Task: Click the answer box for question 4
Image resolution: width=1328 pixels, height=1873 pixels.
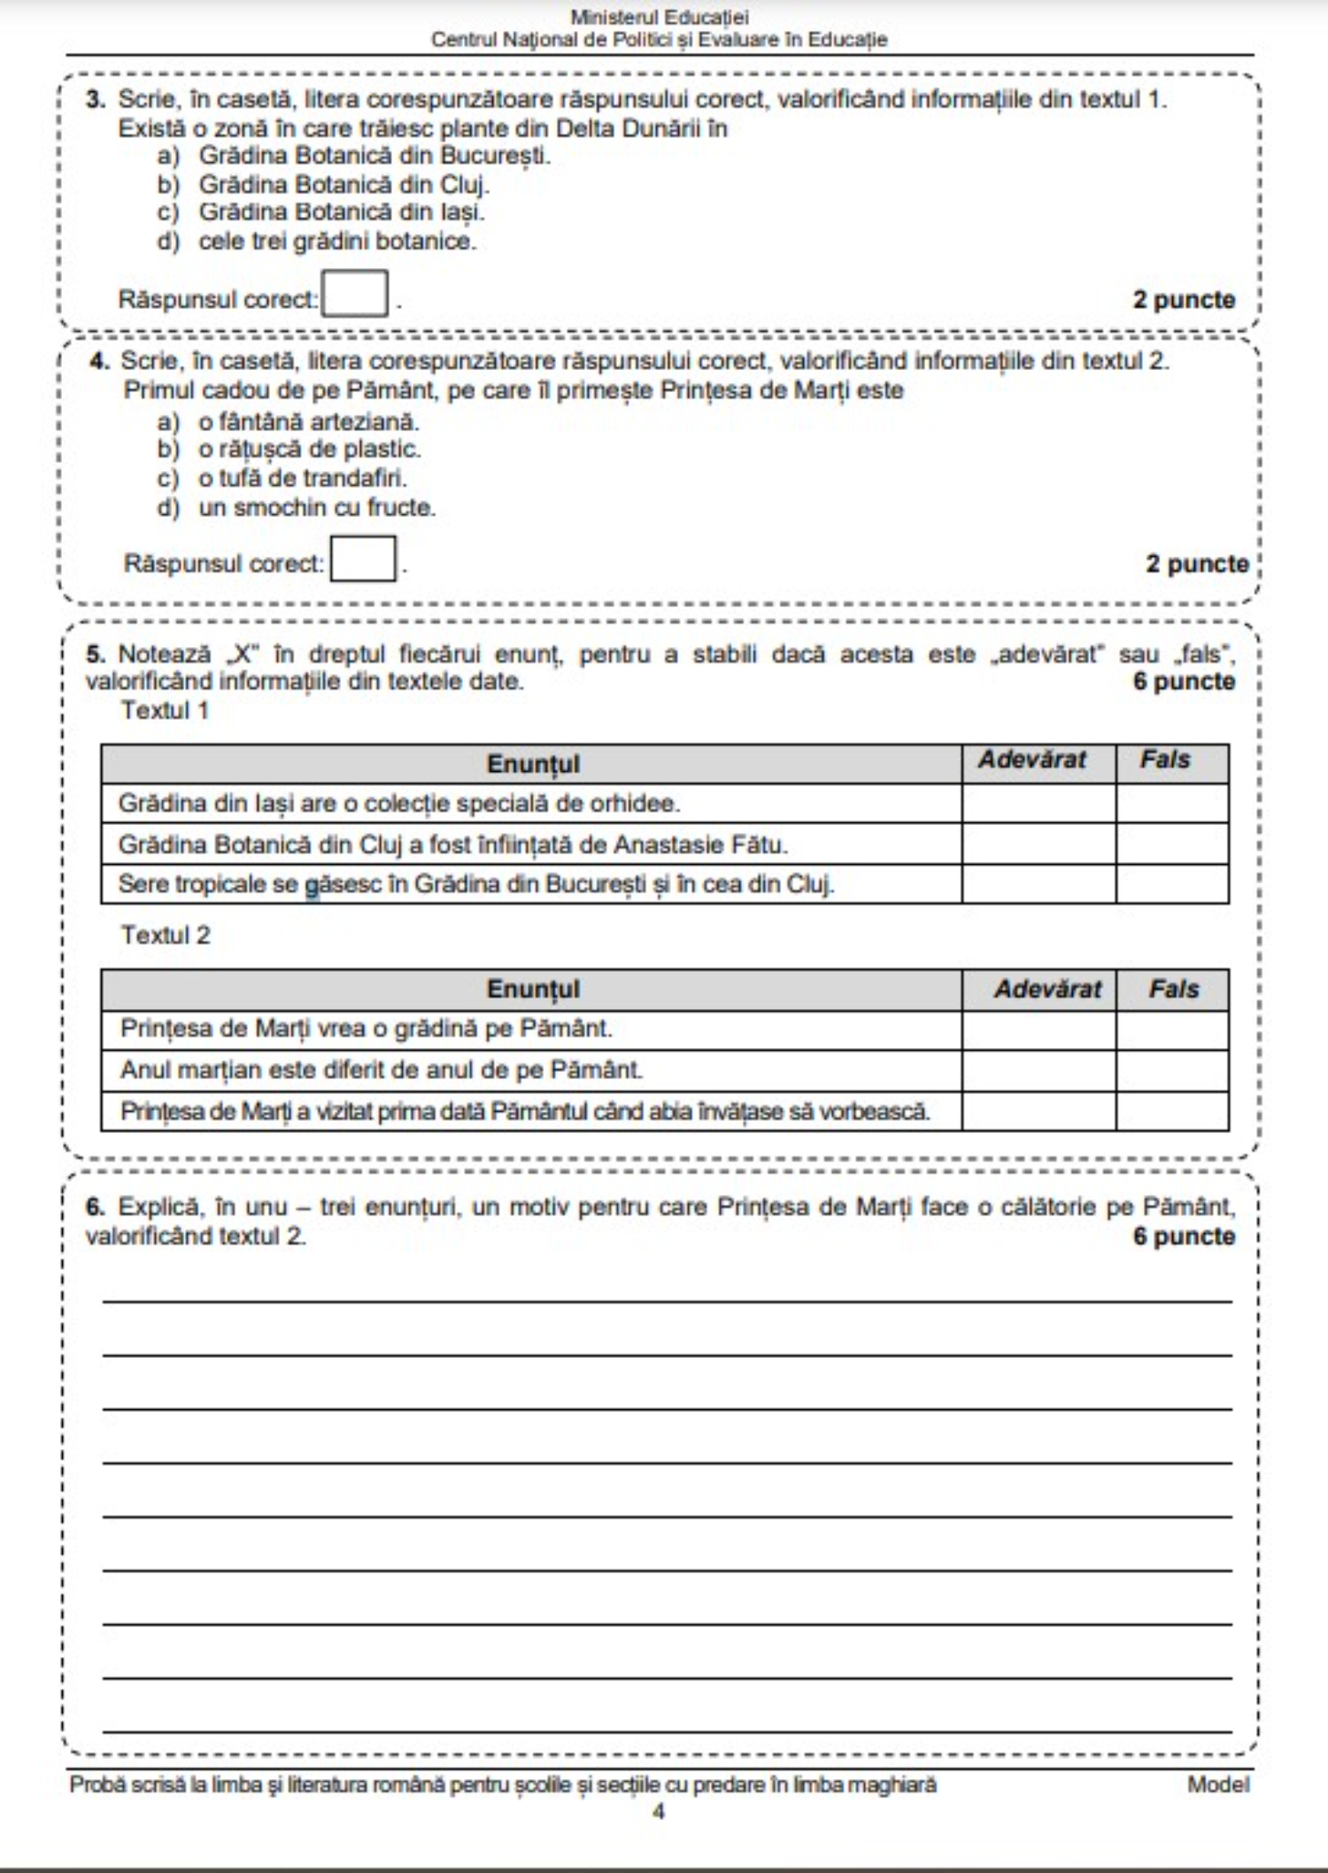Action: (x=363, y=559)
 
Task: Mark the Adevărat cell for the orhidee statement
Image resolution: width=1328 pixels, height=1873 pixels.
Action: (x=1038, y=804)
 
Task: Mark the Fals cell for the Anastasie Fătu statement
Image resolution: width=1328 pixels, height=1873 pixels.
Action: (x=1171, y=844)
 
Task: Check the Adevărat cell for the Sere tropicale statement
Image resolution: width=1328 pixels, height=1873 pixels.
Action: (x=1038, y=884)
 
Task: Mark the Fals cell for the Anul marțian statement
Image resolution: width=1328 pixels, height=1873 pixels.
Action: (x=1171, y=1070)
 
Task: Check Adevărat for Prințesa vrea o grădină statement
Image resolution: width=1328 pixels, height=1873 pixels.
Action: (x=1038, y=1029)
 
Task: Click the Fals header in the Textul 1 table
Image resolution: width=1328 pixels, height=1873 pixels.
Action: (x=1164, y=760)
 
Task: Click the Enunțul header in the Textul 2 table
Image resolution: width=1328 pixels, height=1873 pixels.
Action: (x=533, y=989)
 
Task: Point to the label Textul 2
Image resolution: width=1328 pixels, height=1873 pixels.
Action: (x=166, y=936)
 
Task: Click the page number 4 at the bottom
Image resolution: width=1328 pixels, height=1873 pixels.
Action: (x=659, y=1812)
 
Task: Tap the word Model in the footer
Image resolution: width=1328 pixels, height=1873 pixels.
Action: (x=1218, y=1784)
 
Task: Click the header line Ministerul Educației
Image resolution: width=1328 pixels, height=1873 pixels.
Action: (x=660, y=17)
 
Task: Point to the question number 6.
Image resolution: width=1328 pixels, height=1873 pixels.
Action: (x=95, y=1207)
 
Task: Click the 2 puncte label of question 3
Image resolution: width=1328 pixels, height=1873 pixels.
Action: (x=1184, y=300)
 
